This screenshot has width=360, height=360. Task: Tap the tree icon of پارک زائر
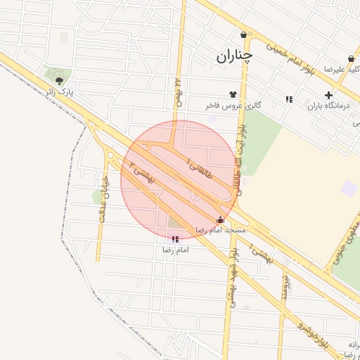pyautogui.click(x=58, y=82)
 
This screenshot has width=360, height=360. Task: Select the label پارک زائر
pyautogui.click(x=60, y=92)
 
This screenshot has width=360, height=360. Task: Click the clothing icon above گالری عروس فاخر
pyautogui.click(x=233, y=94)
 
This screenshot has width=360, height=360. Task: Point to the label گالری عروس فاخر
pyautogui.click(x=233, y=105)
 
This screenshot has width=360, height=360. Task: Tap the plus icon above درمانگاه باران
pyautogui.click(x=329, y=96)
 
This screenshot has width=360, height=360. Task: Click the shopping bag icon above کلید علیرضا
pyautogui.click(x=351, y=58)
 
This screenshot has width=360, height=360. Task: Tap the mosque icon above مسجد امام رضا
pyautogui.click(x=221, y=219)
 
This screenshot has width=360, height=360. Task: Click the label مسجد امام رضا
pyautogui.click(x=221, y=230)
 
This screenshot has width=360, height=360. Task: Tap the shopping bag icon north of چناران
pyautogui.click(x=244, y=34)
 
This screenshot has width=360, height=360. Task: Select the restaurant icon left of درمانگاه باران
pyautogui.click(x=289, y=99)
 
